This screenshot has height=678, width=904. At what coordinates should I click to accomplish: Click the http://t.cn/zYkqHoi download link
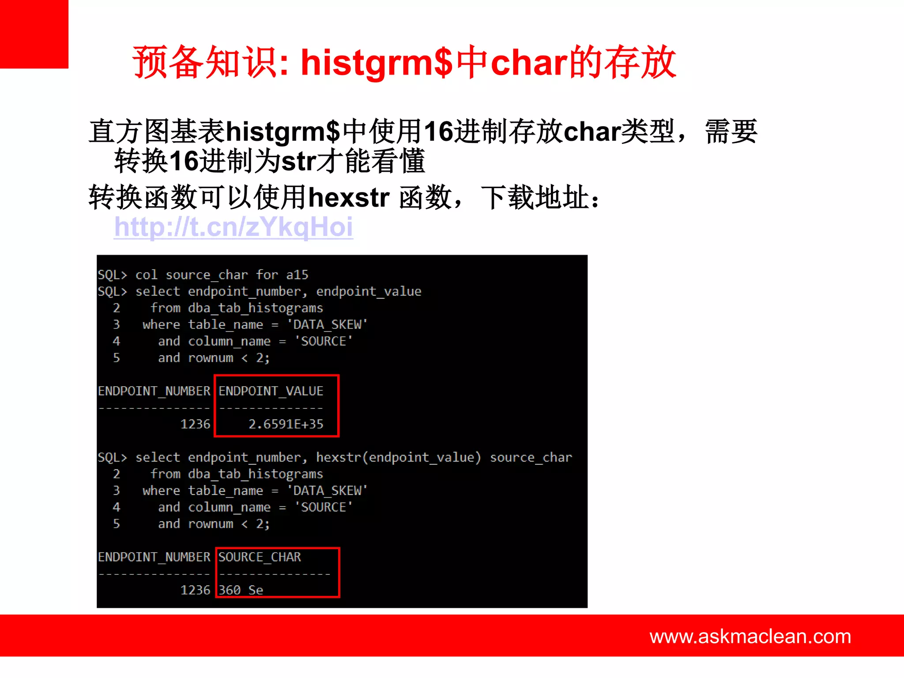(x=233, y=227)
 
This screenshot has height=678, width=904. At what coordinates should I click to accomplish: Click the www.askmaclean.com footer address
(x=750, y=636)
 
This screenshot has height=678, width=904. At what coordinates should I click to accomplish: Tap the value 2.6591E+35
(x=286, y=424)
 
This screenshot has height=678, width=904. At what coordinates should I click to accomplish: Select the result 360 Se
(x=241, y=590)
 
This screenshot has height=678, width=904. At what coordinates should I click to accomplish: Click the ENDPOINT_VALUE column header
(x=271, y=391)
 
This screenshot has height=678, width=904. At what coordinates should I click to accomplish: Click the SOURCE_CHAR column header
(x=260, y=557)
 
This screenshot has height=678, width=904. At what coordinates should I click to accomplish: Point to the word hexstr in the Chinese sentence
(x=349, y=197)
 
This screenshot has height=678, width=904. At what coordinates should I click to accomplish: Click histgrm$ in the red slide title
(x=377, y=62)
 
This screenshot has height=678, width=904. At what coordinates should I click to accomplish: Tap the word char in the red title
(x=529, y=62)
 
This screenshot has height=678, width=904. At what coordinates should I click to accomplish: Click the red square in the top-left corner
(x=34, y=34)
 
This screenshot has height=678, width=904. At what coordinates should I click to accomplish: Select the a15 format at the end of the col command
(x=297, y=275)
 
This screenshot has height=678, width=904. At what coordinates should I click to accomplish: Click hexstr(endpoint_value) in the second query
(x=398, y=457)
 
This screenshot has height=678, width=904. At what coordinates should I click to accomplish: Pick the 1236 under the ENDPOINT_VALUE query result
(x=195, y=424)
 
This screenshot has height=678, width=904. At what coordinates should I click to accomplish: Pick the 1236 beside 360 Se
(x=195, y=590)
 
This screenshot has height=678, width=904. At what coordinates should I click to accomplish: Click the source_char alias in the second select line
(x=531, y=457)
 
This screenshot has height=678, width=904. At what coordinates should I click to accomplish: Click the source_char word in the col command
(x=207, y=275)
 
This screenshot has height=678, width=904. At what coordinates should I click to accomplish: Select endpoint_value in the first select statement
(x=369, y=291)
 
